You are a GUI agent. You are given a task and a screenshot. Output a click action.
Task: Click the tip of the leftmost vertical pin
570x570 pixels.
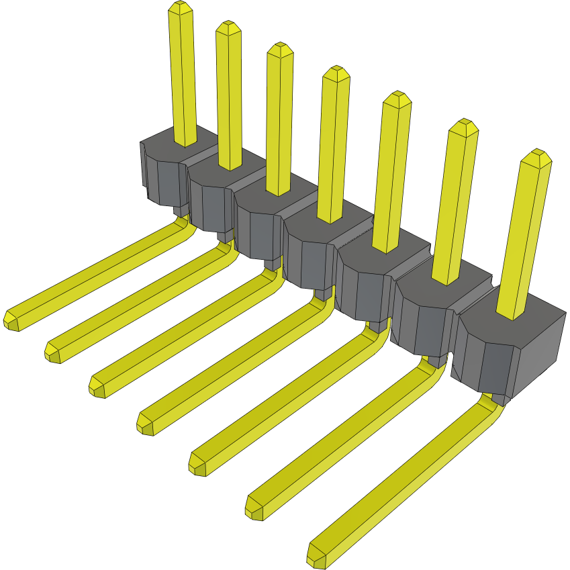click(181, 8)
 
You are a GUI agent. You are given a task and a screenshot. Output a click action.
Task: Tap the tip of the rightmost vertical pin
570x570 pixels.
click(537, 158)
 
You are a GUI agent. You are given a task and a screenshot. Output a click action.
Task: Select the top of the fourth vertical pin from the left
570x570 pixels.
click(336, 74)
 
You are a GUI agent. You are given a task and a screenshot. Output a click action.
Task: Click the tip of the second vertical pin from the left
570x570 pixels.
click(228, 29)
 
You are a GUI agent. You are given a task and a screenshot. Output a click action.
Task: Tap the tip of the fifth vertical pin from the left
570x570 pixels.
click(396, 99)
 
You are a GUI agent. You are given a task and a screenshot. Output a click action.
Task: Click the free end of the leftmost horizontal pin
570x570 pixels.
click(11, 321)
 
